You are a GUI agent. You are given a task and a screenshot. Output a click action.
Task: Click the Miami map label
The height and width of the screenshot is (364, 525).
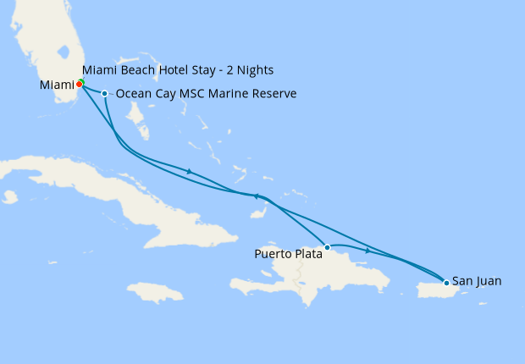point(57,85)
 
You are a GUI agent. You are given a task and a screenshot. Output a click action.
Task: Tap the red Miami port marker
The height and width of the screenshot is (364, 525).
point(79,84)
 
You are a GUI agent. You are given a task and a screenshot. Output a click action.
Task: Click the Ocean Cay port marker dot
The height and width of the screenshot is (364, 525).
point(104,93)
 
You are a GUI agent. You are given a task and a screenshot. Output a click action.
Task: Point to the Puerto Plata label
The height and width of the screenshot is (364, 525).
point(288,252)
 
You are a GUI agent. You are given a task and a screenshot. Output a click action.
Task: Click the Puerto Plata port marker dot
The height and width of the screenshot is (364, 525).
point(327,247)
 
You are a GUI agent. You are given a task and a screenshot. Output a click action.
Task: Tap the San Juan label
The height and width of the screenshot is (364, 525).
point(477,280)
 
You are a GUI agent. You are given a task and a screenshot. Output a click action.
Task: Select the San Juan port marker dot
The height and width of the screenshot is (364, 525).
point(446,282)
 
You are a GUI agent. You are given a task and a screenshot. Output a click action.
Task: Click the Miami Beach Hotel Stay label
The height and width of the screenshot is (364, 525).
point(178,69)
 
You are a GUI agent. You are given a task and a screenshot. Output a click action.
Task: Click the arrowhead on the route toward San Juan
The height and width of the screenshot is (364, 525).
point(367,251)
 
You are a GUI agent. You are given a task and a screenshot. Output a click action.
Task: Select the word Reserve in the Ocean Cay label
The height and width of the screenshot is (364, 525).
point(274,94)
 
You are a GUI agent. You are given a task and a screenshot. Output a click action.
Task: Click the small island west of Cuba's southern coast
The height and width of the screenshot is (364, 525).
point(10,197)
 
